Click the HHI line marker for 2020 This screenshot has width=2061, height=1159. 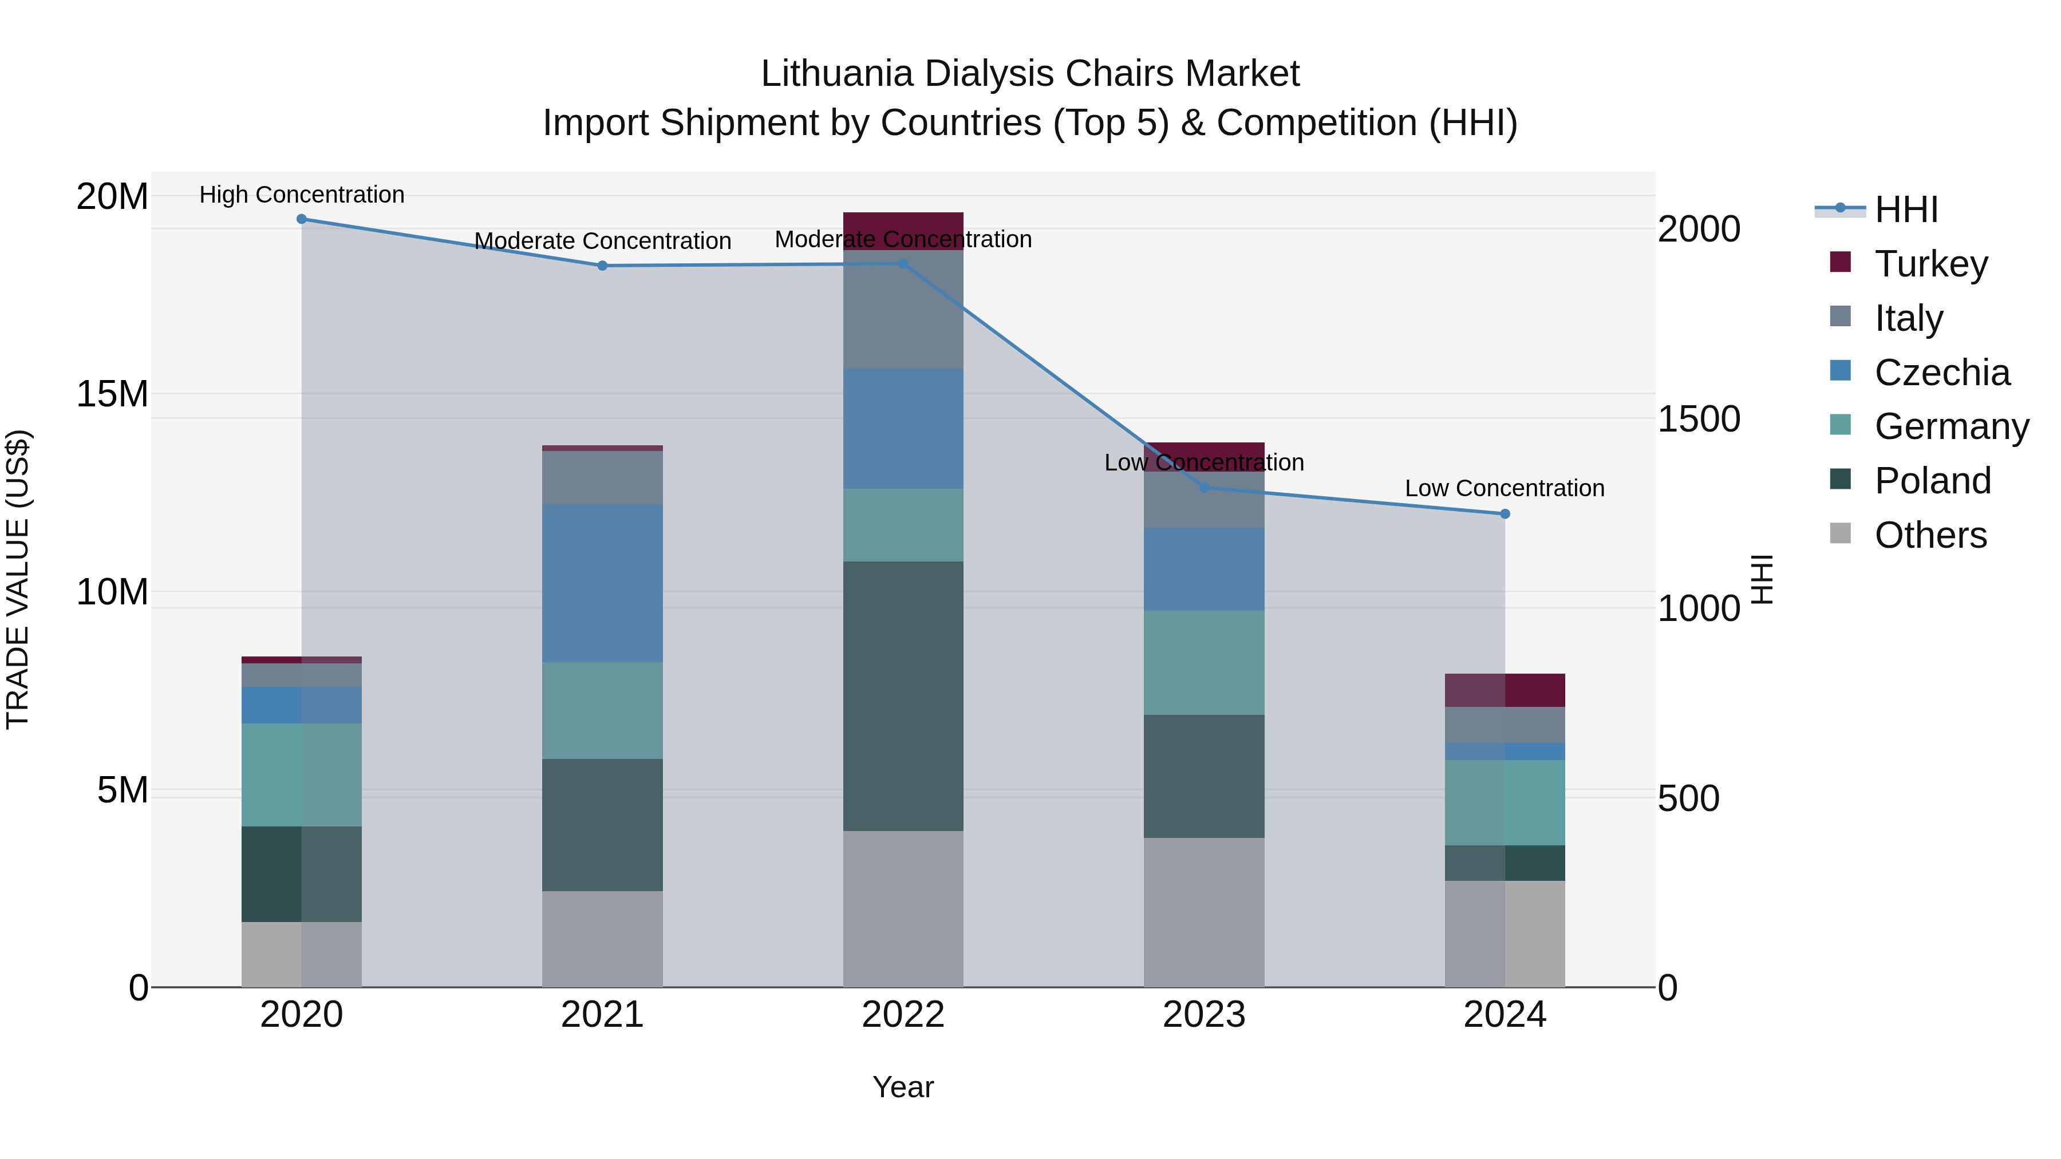click(302, 219)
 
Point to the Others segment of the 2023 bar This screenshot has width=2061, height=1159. click(1203, 912)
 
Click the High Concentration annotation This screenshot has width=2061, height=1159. click(302, 195)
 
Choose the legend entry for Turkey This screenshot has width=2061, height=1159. click(1930, 264)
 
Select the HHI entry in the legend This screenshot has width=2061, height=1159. click(1906, 209)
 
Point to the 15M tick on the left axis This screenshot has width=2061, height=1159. click(112, 394)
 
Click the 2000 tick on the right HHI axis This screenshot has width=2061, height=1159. click(1698, 230)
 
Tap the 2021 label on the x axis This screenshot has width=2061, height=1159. click(602, 1015)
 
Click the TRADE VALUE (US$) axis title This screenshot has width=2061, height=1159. click(18, 579)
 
